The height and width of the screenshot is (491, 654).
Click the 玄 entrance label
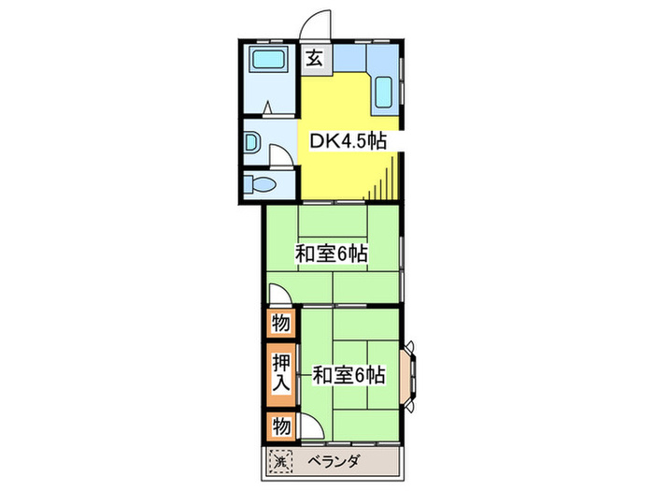(314, 58)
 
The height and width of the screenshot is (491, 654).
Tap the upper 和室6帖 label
(331, 253)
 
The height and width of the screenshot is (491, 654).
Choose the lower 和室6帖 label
(348, 375)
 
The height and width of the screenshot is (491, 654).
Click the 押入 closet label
(279, 373)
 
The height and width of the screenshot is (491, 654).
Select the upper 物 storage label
(279, 324)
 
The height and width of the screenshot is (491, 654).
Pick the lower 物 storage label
(279, 426)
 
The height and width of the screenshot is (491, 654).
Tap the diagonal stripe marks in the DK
(386, 183)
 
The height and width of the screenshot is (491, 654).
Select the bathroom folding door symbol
(268, 109)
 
